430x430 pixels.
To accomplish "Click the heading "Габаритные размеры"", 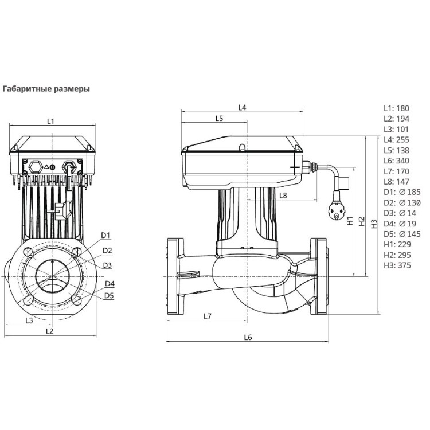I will (47, 89).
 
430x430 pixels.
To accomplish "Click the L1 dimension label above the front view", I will (50, 122).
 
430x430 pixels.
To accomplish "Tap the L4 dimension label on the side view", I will (242, 108).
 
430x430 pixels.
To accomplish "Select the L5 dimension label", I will (219, 118).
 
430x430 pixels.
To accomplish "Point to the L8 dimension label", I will (283, 196).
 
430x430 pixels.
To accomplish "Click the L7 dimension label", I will (208, 316).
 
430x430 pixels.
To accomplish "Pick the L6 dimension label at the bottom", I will (248, 337).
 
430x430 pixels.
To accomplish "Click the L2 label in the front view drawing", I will (49, 331).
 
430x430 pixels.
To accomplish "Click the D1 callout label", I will (105, 236).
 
